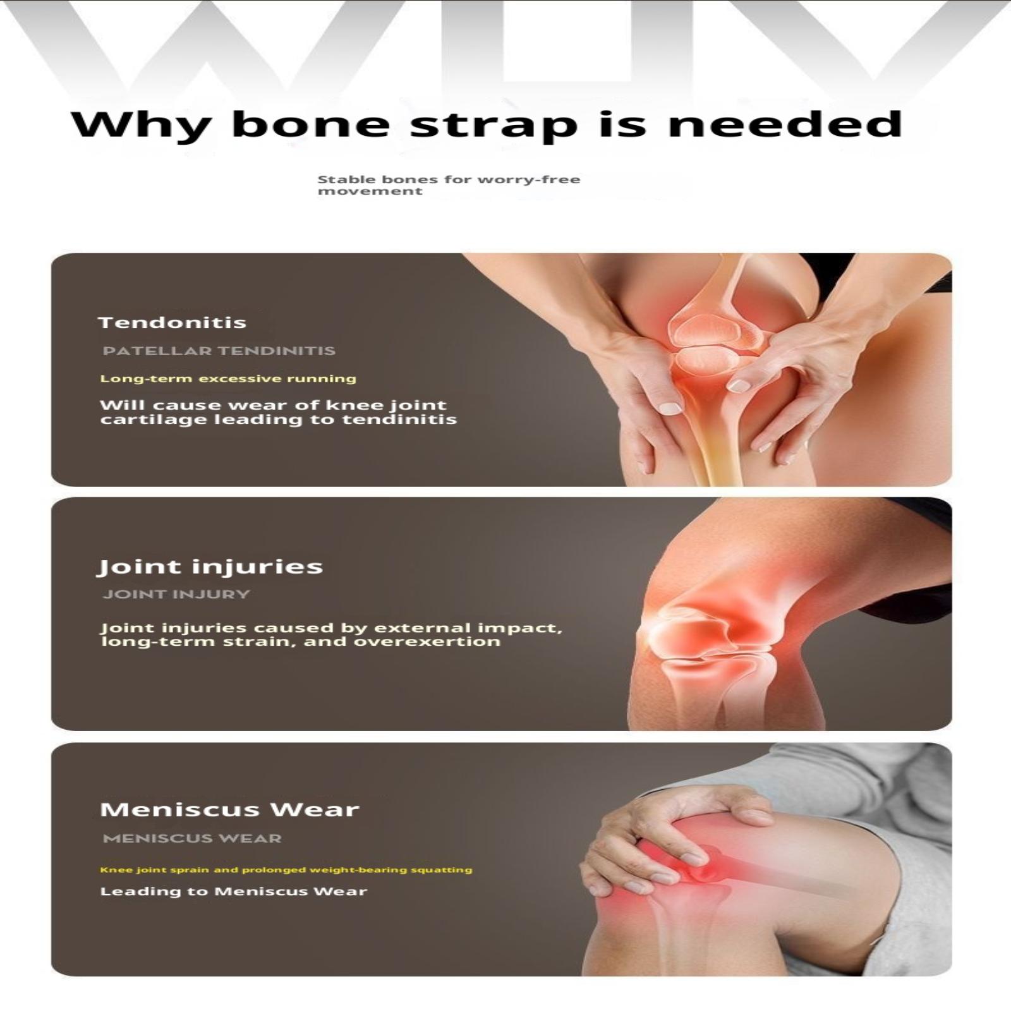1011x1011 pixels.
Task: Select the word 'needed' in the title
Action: [785, 124]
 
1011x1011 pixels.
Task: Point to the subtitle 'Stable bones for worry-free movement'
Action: [449, 185]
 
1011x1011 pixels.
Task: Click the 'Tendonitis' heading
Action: [173, 322]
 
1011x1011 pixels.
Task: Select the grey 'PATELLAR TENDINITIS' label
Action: [219, 351]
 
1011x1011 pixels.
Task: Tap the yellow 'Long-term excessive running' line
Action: [228, 379]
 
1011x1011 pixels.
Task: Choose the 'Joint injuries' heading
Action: [210, 566]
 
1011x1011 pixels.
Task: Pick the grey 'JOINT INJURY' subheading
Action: [177, 594]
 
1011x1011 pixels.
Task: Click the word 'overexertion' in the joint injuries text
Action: [427, 641]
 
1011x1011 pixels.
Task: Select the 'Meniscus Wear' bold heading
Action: [229, 809]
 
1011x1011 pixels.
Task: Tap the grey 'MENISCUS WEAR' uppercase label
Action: [192, 838]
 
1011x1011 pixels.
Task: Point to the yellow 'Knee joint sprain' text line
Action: [286, 870]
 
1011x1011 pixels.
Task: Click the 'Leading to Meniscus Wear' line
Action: [234, 892]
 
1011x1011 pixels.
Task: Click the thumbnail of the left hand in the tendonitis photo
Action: [670, 408]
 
